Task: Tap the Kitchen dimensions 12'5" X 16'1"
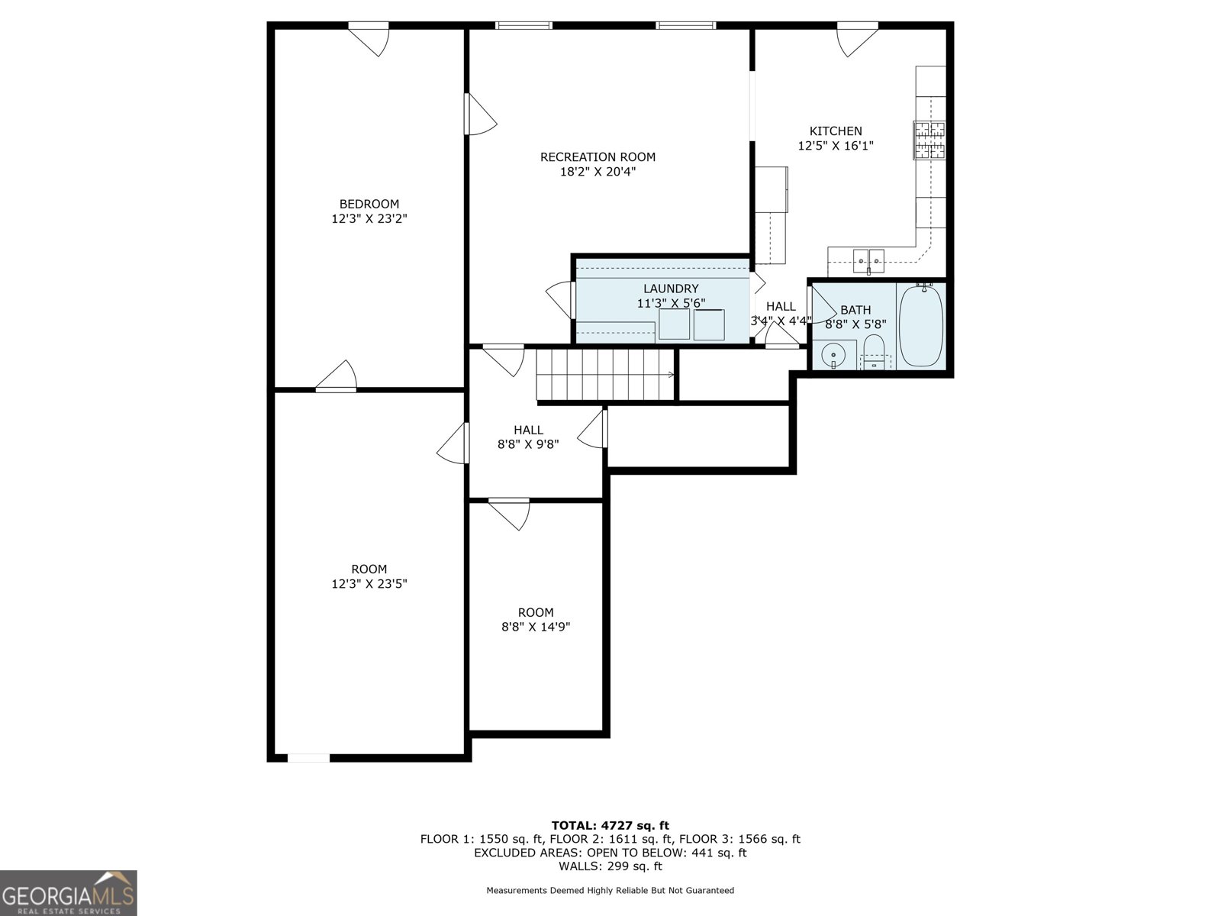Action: [836, 146]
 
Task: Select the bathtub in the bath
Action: [921, 325]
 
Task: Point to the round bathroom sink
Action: [833, 354]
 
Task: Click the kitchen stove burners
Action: [929, 140]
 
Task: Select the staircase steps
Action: [605, 374]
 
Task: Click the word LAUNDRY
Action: [671, 289]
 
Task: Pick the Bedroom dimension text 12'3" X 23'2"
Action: [369, 218]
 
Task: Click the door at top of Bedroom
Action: [369, 40]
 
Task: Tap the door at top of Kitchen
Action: [857, 40]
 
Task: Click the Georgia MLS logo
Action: [69, 892]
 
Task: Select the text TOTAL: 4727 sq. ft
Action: [610, 825]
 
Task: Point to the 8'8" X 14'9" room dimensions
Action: [536, 627]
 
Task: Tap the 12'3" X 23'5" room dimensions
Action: [369, 584]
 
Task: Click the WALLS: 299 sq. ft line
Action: [610, 866]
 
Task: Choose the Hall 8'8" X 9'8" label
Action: [528, 437]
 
